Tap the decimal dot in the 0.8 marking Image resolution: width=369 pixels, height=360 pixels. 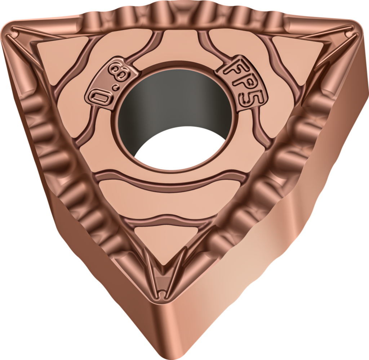tap(115, 87)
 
